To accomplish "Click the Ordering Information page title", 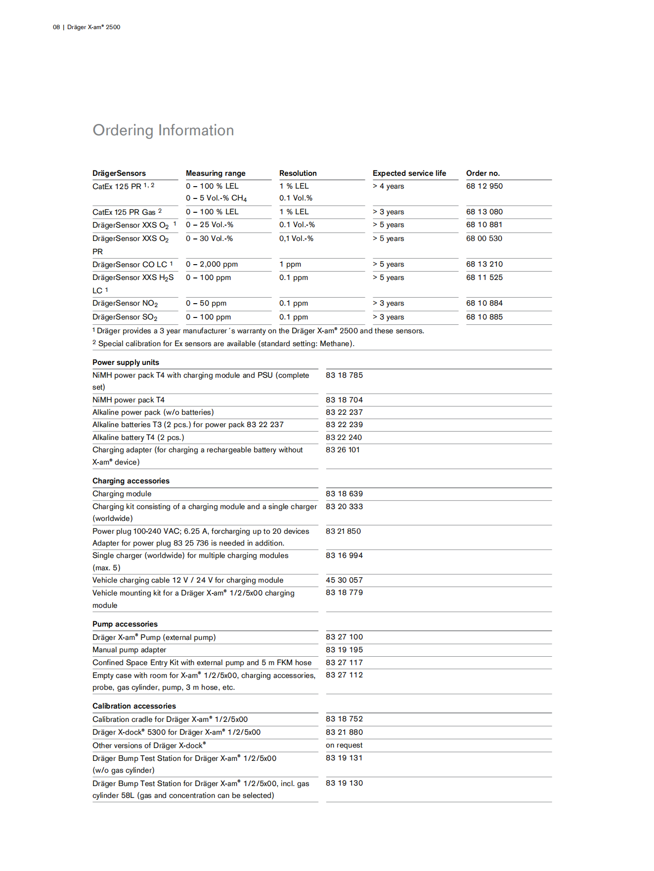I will click(x=163, y=130).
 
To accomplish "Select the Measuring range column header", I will click(x=216, y=173).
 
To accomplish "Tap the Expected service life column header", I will click(x=409, y=173).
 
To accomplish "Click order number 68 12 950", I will click(x=484, y=186).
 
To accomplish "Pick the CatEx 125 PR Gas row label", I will click(x=124, y=212).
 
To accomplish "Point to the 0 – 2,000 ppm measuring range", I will click(x=212, y=265).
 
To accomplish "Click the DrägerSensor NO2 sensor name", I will click(x=125, y=304).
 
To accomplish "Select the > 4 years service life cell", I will click(x=389, y=186).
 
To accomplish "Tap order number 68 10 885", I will click(x=484, y=317).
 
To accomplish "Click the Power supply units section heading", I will click(x=126, y=362).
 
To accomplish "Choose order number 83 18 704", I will click(x=344, y=400).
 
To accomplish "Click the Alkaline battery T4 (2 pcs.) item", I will click(x=138, y=437).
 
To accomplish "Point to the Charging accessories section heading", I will click(x=131, y=481).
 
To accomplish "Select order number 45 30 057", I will click(x=344, y=580).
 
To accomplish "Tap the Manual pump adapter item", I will click(x=129, y=650).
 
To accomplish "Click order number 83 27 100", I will click(x=344, y=637).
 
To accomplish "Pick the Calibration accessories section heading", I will click(x=134, y=706).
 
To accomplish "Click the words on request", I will click(x=344, y=745).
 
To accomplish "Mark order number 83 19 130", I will click(x=344, y=783).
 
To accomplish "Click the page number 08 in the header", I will click(x=56, y=27).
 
